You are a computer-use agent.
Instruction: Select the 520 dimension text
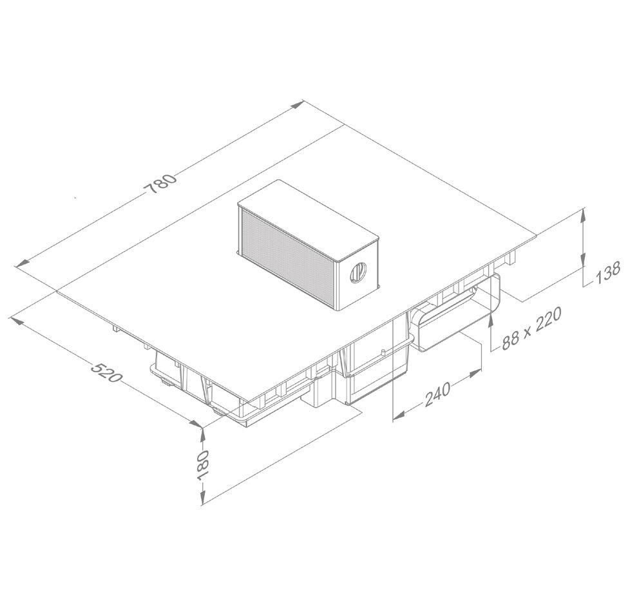point(106,372)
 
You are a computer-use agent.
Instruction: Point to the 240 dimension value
point(437,394)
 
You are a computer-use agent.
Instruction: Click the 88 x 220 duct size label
point(531,328)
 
